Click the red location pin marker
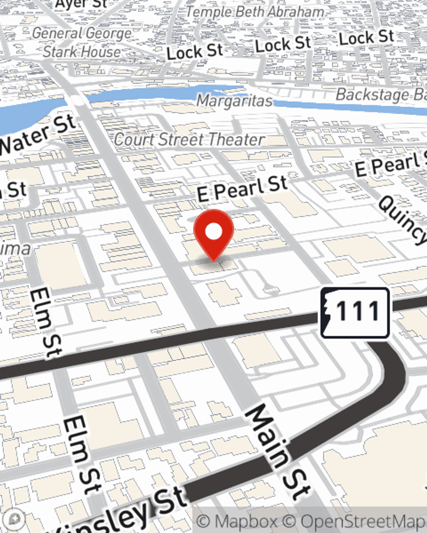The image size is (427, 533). pos(213,233)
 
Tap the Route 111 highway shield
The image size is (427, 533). pos(355,312)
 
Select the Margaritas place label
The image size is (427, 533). pos(234,101)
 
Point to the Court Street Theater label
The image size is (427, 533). pos(189,139)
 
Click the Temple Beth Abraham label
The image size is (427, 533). pos(255,12)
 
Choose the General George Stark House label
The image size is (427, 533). pos(82,43)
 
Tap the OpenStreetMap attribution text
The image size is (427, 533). pos(363,521)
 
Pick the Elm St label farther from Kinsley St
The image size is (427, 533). pos(46,322)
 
